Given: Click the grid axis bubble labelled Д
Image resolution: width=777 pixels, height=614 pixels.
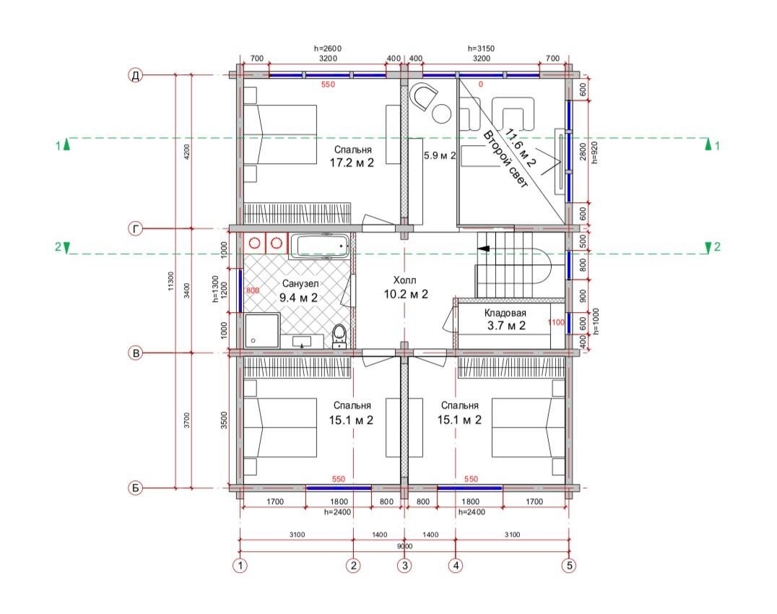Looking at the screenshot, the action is click(135, 75).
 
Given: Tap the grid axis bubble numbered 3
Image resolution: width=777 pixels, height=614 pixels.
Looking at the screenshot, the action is click(405, 565).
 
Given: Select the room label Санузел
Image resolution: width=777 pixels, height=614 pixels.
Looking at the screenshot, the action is click(300, 284).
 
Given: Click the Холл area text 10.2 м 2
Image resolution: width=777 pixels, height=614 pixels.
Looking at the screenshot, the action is click(405, 295).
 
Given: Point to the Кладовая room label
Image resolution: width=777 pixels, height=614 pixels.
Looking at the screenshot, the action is click(505, 314).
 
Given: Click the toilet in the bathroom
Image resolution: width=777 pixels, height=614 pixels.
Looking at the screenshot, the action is click(339, 334).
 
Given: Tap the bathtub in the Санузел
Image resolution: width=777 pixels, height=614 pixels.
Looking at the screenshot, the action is click(320, 246).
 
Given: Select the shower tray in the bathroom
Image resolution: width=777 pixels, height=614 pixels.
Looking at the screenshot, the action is click(261, 330).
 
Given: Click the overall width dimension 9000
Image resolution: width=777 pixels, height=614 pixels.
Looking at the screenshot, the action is click(405, 546).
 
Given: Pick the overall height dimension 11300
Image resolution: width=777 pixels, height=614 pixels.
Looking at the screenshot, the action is click(171, 281).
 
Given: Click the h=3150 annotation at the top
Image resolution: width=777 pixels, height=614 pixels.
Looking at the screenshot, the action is click(481, 48).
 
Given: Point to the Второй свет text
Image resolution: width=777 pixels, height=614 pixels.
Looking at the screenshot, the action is click(505, 159).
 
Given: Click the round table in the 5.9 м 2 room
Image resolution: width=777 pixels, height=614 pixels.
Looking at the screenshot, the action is click(441, 113).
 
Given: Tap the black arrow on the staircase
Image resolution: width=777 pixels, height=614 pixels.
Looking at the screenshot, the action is click(484, 248).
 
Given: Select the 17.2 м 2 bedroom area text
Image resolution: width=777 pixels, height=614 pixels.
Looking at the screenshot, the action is click(352, 163).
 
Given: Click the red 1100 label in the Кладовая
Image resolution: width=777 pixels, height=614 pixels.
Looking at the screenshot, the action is click(556, 322).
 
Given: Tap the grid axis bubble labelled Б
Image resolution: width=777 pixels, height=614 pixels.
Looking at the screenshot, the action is click(135, 488).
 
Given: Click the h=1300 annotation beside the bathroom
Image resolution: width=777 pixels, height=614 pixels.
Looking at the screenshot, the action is click(215, 290).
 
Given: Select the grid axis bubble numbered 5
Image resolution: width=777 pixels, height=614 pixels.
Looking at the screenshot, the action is click(569, 565).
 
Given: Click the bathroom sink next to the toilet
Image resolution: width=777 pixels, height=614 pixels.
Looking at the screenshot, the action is click(302, 342).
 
